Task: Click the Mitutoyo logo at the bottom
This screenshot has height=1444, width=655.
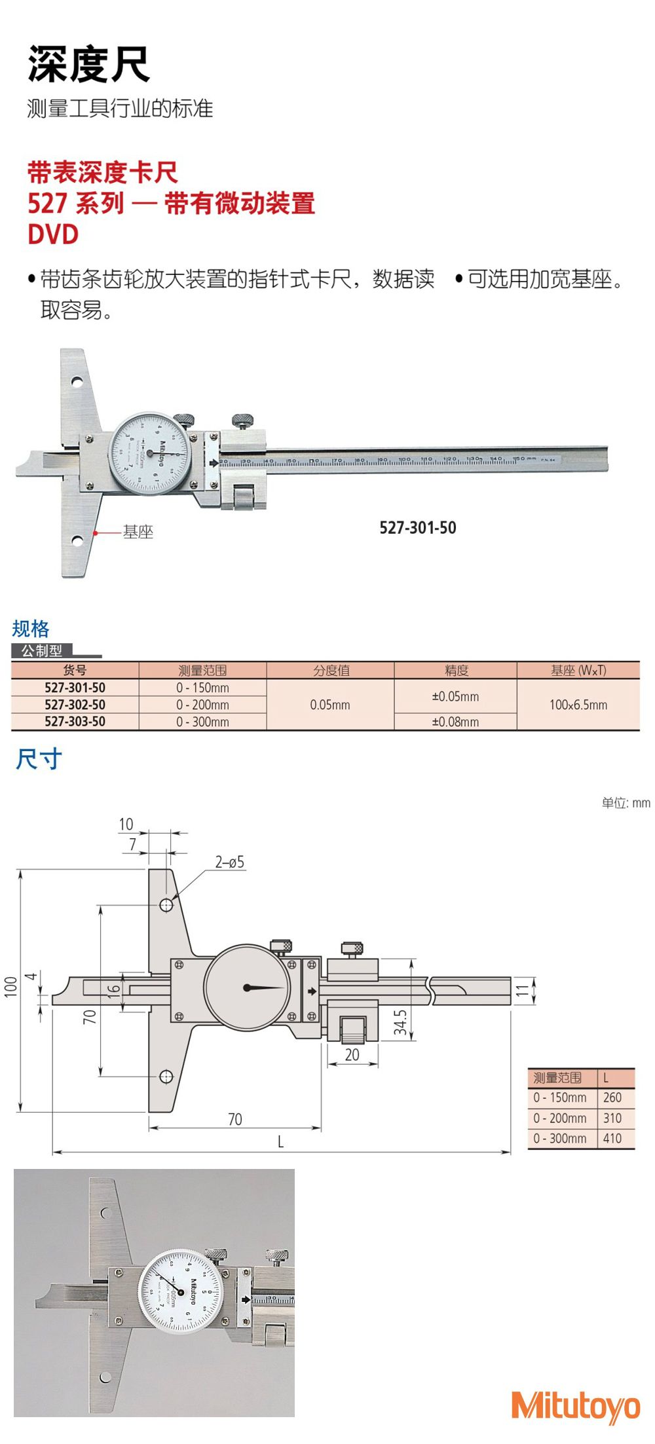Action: tap(575, 1405)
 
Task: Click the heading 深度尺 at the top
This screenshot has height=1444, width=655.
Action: tap(89, 64)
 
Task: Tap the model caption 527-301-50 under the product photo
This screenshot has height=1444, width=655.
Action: tap(417, 528)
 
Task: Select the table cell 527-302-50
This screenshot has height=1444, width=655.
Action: tap(75, 705)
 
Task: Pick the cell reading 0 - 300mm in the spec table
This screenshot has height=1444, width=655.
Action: tap(202, 722)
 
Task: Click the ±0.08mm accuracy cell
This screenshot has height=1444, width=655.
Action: tap(455, 722)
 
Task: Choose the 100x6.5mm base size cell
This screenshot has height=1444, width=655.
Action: tap(578, 705)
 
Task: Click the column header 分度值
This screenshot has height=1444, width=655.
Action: tap(331, 670)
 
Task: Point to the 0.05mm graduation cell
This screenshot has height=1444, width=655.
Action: tap(330, 705)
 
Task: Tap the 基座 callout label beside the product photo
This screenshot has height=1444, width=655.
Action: tap(138, 532)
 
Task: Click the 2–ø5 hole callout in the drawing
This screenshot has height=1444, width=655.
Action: tap(230, 862)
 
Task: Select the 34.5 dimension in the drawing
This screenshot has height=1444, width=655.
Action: tap(400, 1023)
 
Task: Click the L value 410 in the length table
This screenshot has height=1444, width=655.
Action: tap(612, 1138)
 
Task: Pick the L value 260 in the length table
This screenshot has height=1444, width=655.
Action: tap(612, 1098)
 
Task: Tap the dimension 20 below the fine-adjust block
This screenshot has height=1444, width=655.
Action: tap(352, 1055)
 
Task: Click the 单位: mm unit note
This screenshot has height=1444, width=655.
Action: tap(626, 803)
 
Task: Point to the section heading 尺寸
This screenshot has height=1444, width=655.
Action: tap(39, 760)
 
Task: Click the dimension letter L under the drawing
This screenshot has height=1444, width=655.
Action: tap(280, 1141)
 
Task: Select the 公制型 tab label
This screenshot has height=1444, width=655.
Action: tap(42, 651)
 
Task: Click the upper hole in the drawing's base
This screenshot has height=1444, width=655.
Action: tap(166, 905)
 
